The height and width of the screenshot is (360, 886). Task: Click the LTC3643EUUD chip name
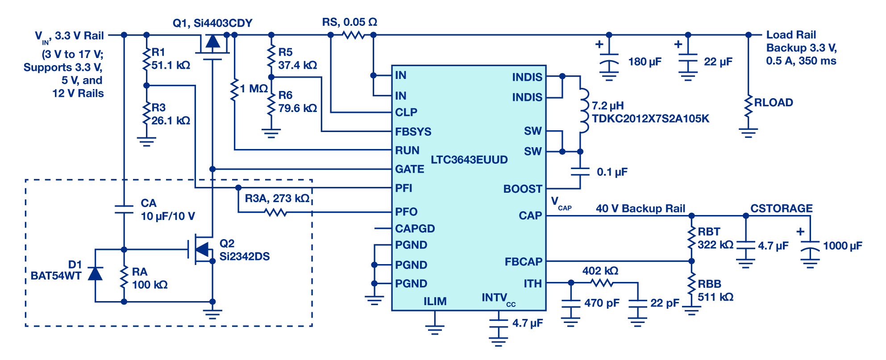click(469, 160)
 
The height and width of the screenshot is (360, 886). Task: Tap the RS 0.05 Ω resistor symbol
click(354, 35)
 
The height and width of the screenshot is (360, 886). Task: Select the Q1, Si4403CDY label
click(212, 23)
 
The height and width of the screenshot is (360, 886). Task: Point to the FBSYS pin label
click(413, 132)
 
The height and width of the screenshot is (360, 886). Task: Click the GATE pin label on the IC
click(410, 169)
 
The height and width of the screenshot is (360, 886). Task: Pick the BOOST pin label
click(523, 189)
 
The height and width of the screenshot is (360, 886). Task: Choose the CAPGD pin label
click(415, 228)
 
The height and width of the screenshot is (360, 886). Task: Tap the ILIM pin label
click(435, 302)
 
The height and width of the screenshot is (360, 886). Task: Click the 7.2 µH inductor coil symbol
click(583, 111)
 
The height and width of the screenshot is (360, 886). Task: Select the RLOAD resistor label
click(774, 103)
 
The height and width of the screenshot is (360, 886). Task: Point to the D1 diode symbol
click(95, 273)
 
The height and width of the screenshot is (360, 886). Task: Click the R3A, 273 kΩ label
click(277, 198)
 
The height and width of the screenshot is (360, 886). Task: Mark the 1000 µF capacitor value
click(843, 246)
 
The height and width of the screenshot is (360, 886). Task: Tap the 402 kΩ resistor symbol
click(602, 282)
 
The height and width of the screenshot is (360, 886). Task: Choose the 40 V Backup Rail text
click(641, 208)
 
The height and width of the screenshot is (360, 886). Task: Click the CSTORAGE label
click(782, 208)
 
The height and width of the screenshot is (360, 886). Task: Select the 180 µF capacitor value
click(645, 62)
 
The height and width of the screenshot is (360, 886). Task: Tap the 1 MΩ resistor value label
click(254, 88)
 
